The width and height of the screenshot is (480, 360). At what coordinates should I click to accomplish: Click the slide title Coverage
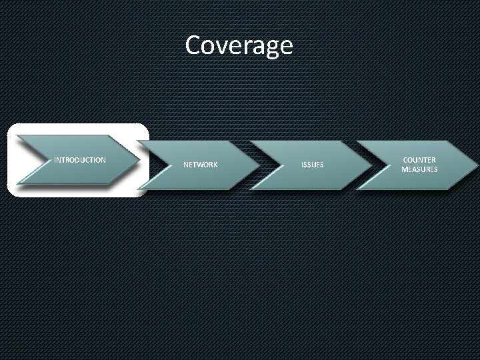click(x=239, y=46)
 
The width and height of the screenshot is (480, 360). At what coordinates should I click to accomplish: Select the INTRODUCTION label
click(x=79, y=160)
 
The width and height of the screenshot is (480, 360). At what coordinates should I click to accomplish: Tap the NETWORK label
click(x=200, y=164)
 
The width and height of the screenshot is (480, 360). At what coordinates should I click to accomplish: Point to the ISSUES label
click(x=313, y=164)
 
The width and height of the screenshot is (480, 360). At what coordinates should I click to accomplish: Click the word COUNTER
click(x=419, y=160)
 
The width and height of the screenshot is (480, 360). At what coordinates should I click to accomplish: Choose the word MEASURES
click(x=419, y=169)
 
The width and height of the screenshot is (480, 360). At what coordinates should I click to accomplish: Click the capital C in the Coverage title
click(x=193, y=45)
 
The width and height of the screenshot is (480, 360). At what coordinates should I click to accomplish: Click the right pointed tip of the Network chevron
click(x=255, y=164)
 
